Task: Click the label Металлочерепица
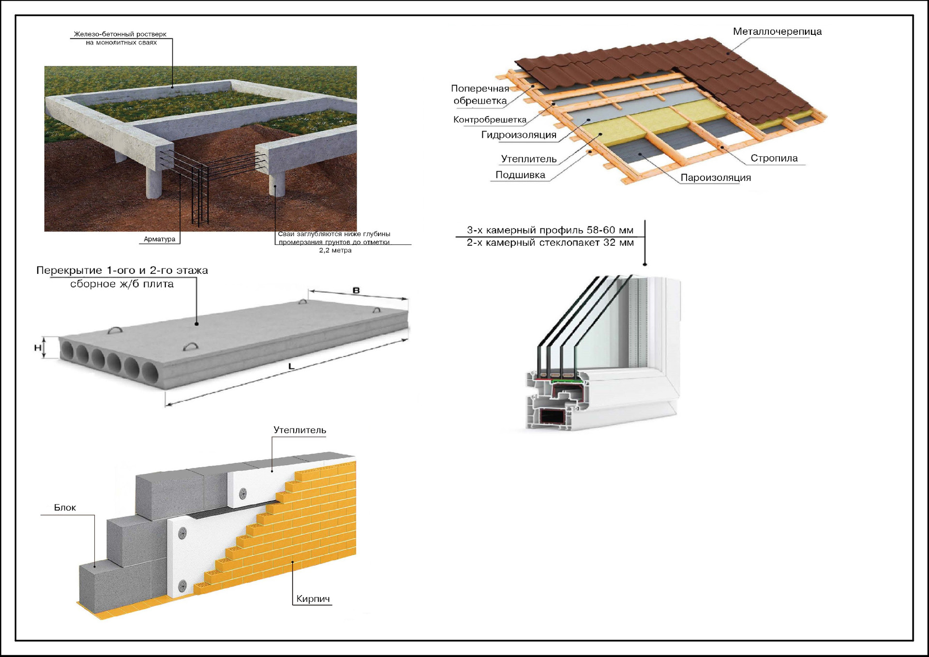[777, 32]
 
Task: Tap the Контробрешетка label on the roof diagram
[490, 119]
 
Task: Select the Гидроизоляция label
[519, 135]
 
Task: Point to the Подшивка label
[520, 175]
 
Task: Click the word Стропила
[774, 158]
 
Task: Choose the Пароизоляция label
[716, 178]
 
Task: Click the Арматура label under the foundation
[160, 239]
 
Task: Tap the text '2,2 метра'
[335, 251]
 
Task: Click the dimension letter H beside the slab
[38, 347]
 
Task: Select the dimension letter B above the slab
[356, 290]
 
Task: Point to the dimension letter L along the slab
[291, 367]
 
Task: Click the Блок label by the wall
[65, 508]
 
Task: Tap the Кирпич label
[313, 599]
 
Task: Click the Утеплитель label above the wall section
[300, 430]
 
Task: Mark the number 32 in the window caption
[609, 243]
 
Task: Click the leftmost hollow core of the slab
[67, 351]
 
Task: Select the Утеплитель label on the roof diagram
[529, 159]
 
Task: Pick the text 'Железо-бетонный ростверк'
[120, 34]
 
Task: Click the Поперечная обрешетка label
[479, 95]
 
